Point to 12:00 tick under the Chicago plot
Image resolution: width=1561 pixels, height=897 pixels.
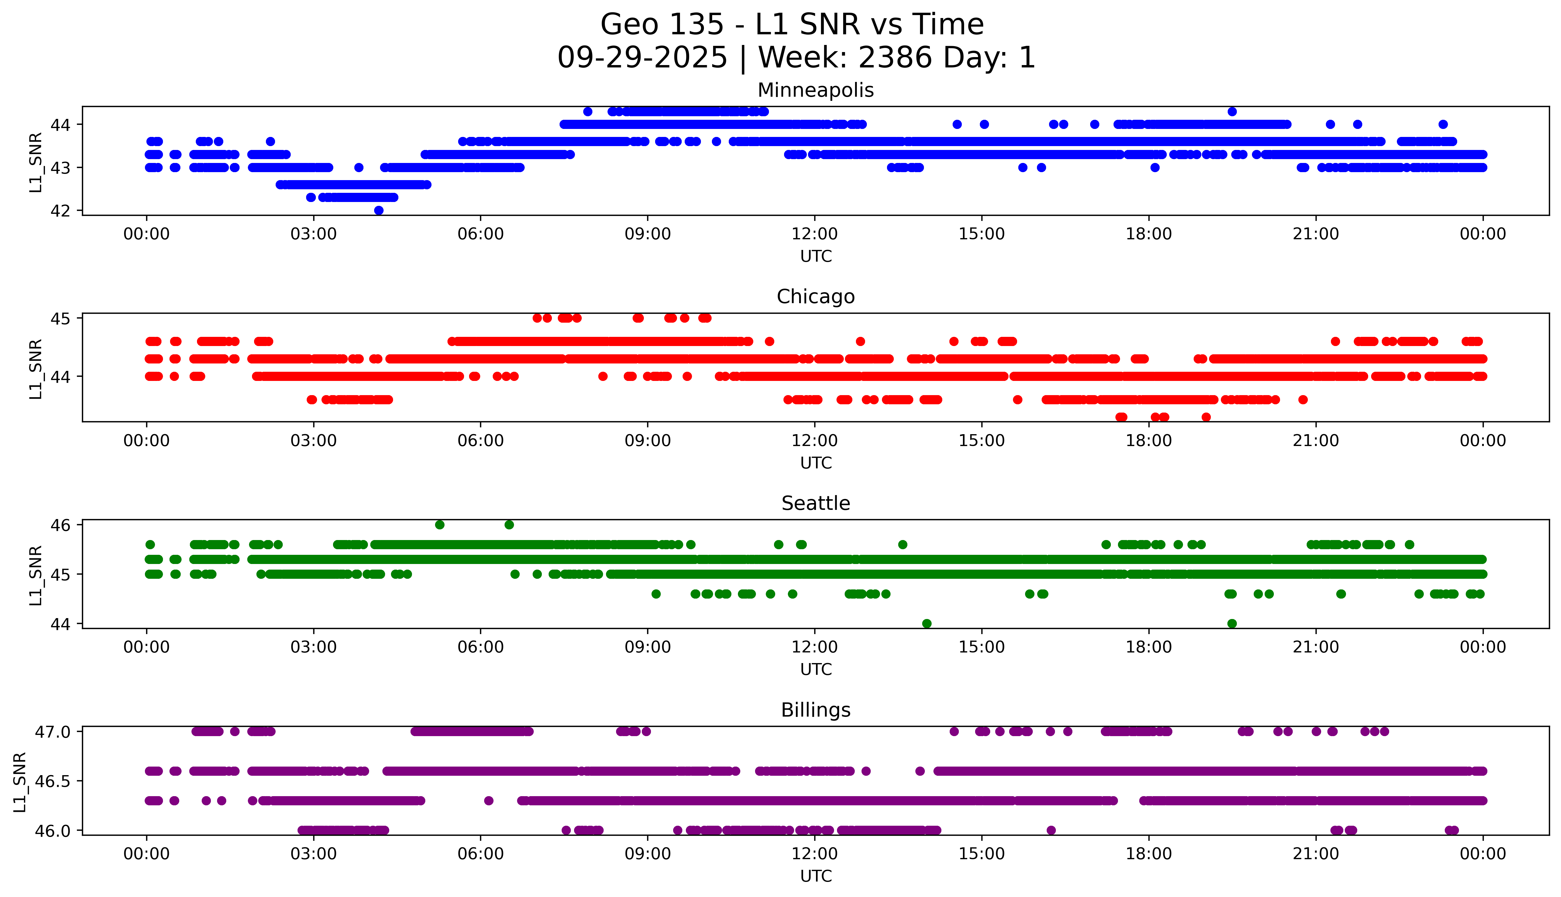815,440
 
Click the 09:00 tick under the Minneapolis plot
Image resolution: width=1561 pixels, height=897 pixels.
647,234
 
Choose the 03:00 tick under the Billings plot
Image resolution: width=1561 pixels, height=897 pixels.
314,854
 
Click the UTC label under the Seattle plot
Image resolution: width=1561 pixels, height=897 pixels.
816,669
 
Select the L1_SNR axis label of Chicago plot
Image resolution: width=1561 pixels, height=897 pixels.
36,369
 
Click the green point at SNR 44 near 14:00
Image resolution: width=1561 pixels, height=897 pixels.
927,623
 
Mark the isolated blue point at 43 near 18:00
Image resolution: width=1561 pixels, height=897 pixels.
1155,168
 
